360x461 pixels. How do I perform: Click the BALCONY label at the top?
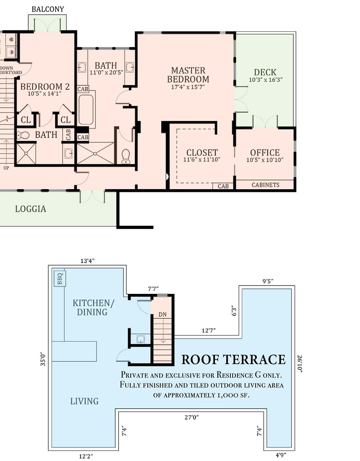click(48, 9)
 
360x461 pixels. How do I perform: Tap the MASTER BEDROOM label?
click(188, 75)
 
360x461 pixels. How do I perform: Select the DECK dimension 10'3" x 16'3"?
click(266, 80)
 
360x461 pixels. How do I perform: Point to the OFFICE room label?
click(265, 153)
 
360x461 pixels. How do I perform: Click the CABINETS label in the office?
click(266, 185)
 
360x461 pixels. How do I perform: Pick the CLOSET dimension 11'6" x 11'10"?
click(202, 159)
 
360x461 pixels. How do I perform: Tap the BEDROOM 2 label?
click(45, 86)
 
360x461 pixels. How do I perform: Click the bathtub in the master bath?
click(86, 109)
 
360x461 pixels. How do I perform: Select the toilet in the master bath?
click(126, 156)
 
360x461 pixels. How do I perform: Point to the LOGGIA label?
click(30, 209)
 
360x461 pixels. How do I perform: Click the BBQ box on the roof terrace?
click(60, 278)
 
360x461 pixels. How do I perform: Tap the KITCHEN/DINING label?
click(93, 307)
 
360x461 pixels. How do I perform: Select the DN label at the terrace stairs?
click(163, 315)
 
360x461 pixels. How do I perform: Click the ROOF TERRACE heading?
click(233, 359)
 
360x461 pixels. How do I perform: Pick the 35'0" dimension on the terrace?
click(43, 360)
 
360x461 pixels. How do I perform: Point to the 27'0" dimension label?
click(192, 418)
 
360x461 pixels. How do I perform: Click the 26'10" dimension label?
click(300, 364)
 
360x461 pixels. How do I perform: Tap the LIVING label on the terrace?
click(84, 401)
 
